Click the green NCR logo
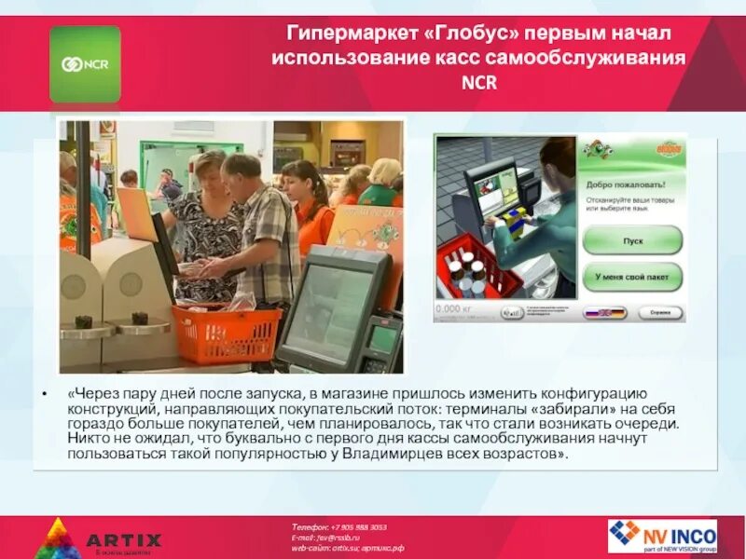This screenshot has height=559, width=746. click(x=85, y=63)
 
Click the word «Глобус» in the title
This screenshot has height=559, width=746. click(x=474, y=34)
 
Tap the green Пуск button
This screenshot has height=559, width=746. click(x=632, y=239)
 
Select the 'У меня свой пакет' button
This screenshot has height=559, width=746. click(x=632, y=277)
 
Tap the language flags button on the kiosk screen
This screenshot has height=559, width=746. click(x=604, y=313)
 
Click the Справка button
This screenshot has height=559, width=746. click(x=660, y=313)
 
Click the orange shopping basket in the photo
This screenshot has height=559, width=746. click(x=227, y=333)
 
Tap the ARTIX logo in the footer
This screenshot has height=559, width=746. click(x=103, y=538)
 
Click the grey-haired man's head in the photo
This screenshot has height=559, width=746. click(x=241, y=170)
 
